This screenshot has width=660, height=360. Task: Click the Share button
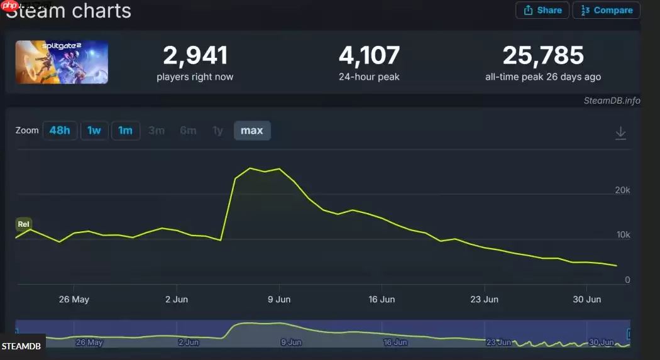542,10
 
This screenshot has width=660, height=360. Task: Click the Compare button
606,10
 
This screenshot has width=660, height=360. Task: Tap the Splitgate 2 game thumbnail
62,62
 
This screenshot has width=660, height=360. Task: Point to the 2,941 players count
195,56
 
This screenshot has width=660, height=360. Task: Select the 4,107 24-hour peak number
369,56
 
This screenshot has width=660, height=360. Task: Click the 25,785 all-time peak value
543,56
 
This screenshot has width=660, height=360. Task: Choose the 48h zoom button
60,131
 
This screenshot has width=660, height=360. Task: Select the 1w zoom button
94,131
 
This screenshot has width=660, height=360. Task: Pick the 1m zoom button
126,131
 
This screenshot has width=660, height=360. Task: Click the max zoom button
252,131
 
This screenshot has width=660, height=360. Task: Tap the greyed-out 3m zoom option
157,131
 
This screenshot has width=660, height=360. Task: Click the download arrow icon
620,133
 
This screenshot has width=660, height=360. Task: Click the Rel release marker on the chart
24,224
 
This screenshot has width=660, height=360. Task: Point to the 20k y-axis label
622,190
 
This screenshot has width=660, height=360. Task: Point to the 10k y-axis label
622,234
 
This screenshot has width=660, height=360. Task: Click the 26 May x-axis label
74,299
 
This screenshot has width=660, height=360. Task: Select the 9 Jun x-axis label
278,299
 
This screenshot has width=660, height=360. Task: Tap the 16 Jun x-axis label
382,299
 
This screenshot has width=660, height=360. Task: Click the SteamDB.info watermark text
611,101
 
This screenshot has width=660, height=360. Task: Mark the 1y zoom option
217,131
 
